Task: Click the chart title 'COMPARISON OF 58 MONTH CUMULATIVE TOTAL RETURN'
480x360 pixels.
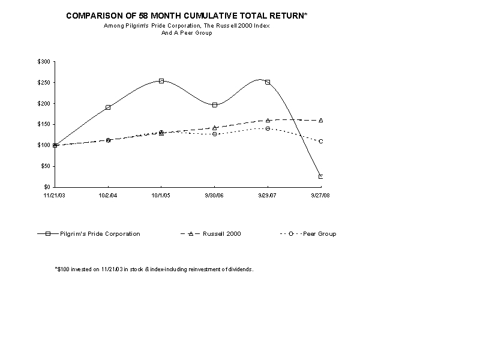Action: click(x=187, y=16)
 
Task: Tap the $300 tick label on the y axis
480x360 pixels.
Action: click(x=44, y=62)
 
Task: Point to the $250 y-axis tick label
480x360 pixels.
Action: click(x=44, y=83)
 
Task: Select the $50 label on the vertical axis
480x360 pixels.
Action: click(x=45, y=166)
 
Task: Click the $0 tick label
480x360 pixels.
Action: click(x=47, y=187)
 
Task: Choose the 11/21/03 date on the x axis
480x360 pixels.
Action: click(x=55, y=195)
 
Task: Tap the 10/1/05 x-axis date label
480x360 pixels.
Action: click(x=161, y=195)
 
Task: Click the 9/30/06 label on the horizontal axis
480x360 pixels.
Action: click(x=215, y=195)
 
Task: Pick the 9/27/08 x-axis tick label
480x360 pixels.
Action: click(x=321, y=195)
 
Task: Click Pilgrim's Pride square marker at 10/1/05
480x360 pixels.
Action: click(x=161, y=81)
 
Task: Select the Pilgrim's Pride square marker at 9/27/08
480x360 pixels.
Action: click(x=321, y=176)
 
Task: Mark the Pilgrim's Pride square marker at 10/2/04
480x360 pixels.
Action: click(x=108, y=107)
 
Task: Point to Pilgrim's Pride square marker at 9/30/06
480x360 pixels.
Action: click(x=215, y=105)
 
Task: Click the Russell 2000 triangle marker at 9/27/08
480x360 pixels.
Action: click(x=321, y=121)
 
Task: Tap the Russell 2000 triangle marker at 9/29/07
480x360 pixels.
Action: click(x=268, y=120)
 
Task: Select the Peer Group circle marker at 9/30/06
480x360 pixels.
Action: click(x=215, y=134)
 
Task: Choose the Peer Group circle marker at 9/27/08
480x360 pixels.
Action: click(x=321, y=142)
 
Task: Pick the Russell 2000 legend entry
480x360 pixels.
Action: click(x=211, y=234)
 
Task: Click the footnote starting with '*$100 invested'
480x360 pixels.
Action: click(x=154, y=269)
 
